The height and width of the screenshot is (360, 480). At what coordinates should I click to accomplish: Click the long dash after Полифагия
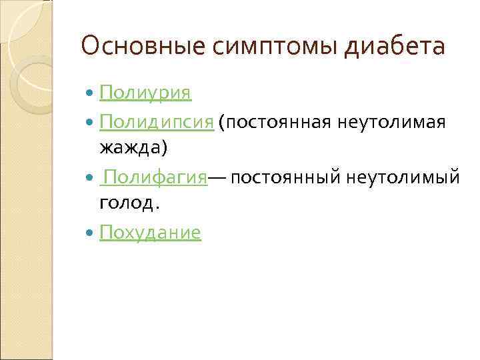coord(218,178)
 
